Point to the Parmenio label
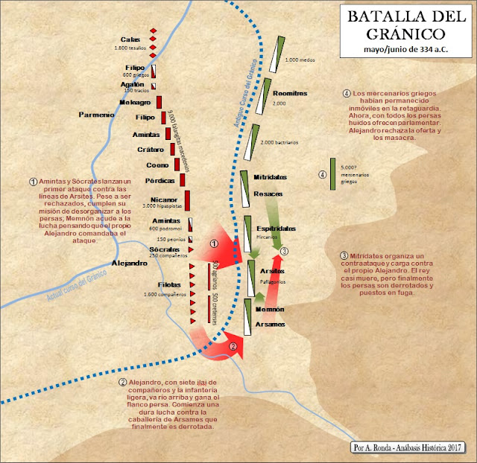(97, 114)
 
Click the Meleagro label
(134, 102)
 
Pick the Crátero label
(151, 150)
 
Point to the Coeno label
(158, 165)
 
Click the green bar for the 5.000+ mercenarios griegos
(332, 174)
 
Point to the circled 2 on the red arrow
(233, 346)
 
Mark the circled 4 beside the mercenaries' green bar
(323, 176)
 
